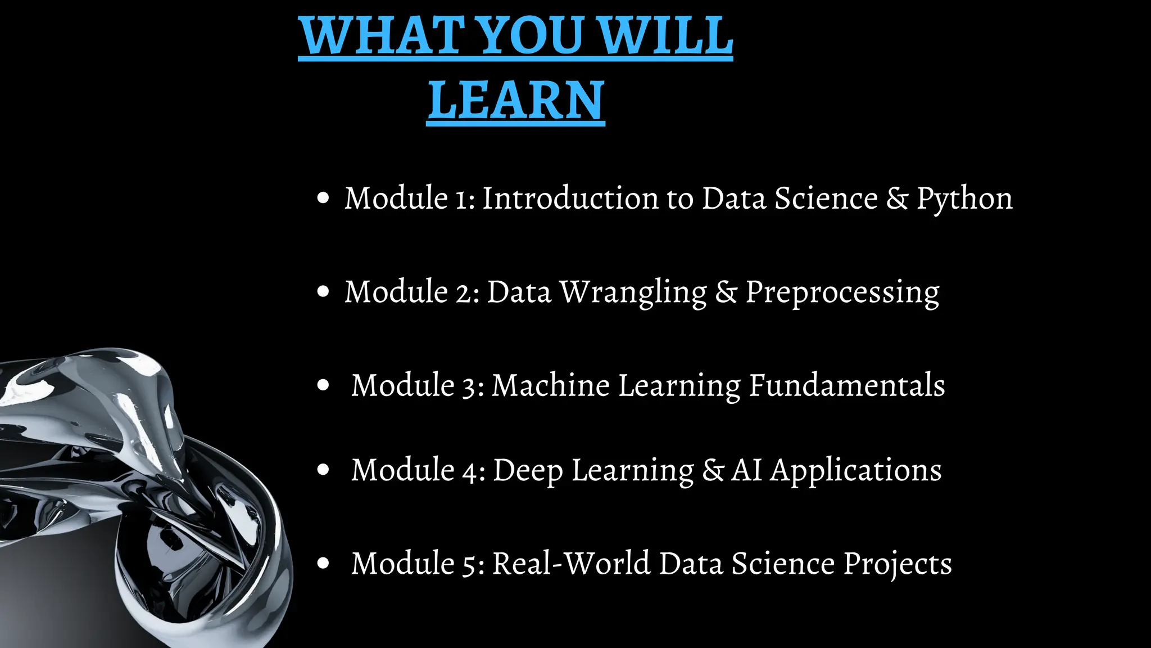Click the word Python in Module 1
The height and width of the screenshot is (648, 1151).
tap(964, 199)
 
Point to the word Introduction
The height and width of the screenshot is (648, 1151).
tap(570, 198)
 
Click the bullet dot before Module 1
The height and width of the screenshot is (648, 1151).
tap(323, 198)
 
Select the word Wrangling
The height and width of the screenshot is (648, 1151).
tap(633, 292)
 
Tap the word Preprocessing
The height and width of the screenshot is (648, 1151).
tap(842, 292)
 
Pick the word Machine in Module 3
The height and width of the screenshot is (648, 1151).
tap(550, 386)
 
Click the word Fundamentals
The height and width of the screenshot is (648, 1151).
tap(846, 386)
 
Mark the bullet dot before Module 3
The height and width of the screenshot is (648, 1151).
tap(323, 385)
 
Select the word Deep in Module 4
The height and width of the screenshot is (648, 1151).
tap(528, 471)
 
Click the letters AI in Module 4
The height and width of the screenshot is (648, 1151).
tap(746, 470)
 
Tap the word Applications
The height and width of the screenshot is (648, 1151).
tap(855, 471)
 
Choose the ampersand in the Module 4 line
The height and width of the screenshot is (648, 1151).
tap(713, 470)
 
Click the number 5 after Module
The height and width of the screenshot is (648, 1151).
tap(470, 564)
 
